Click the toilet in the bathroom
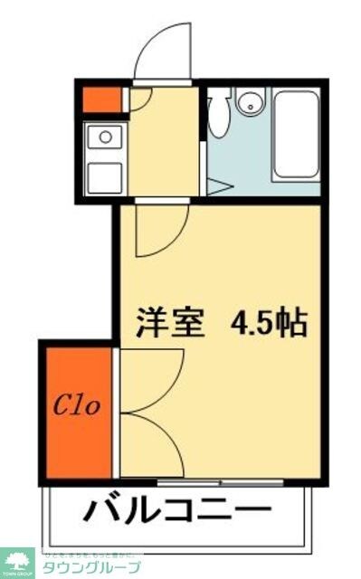click(218, 113)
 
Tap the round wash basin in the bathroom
click(249, 102)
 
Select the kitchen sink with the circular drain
click(106, 138)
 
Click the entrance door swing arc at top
click(164, 52)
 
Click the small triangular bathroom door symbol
click(218, 187)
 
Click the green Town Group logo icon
click(16, 561)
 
